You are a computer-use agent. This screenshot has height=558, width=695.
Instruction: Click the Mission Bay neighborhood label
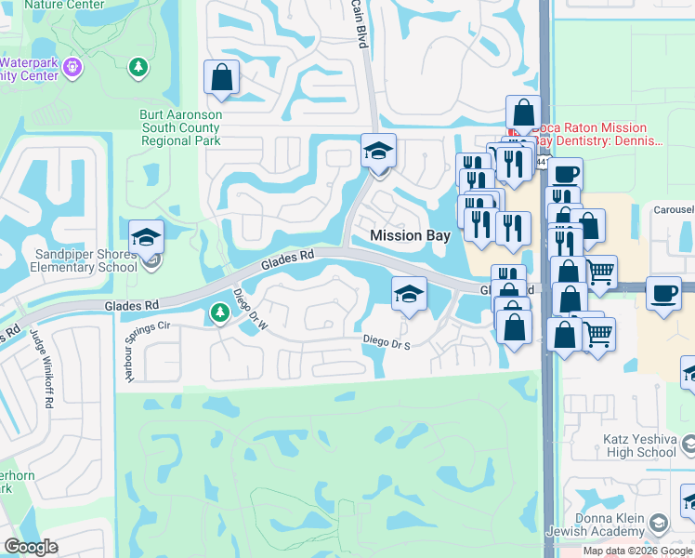click(x=410, y=236)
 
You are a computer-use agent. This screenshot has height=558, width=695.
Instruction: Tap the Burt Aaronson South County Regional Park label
click(x=181, y=127)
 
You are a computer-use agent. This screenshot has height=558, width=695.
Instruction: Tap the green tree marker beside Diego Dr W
click(x=220, y=313)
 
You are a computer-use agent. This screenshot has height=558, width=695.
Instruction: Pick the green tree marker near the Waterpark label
click(x=138, y=67)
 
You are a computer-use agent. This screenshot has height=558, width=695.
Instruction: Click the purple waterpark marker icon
click(x=74, y=67)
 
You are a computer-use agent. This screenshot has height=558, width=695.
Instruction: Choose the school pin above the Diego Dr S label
click(x=408, y=295)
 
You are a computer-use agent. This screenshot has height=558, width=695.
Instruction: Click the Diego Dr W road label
click(x=250, y=309)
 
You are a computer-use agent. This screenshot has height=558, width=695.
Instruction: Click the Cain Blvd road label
click(x=359, y=20)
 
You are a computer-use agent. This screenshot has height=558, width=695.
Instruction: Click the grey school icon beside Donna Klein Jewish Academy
click(x=660, y=524)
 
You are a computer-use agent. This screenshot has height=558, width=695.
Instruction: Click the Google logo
click(x=31, y=547)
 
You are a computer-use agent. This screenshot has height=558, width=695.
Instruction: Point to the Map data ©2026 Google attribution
click(x=636, y=551)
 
